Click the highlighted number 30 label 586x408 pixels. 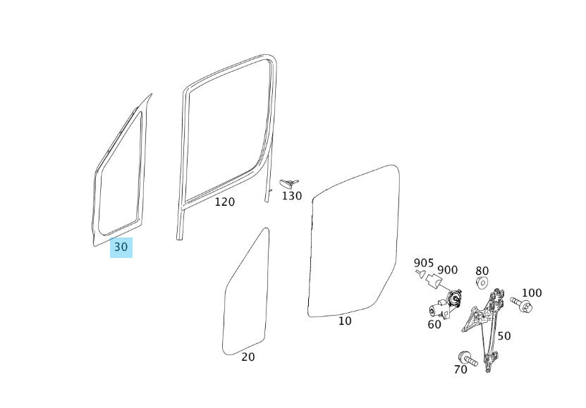click(x=121, y=247)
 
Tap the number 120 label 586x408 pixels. click(x=224, y=202)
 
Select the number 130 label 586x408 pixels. click(x=291, y=196)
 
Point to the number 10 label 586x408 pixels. click(x=344, y=321)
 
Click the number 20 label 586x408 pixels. click(x=248, y=357)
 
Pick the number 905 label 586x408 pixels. click(x=423, y=264)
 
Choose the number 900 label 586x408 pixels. click(x=447, y=270)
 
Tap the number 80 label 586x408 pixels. click(x=482, y=271)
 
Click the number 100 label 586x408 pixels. click(x=531, y=293)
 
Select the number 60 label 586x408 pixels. click(x=434, y=325)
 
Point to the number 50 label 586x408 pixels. click(x=503, y=336)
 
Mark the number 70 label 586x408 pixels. click(x=460, y=369)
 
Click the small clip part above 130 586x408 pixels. click(x=288, y=183)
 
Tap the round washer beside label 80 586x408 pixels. click(x=482, y=283)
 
